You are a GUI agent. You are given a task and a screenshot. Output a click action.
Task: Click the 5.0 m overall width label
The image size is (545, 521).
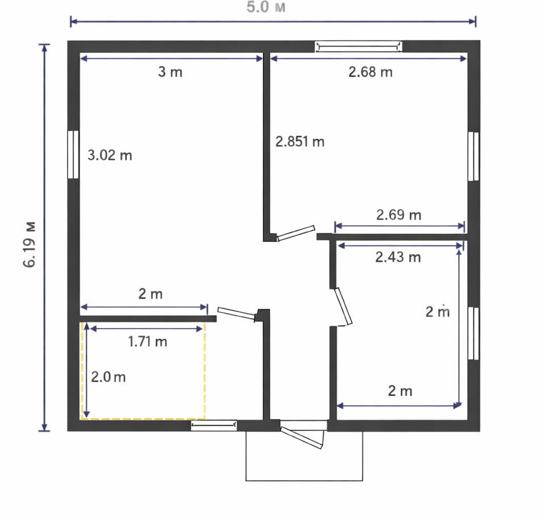click(266, 7)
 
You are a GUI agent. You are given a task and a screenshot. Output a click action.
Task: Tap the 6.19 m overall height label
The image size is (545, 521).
click(30, 243)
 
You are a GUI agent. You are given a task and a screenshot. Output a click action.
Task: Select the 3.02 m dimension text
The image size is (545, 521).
click(110, 155)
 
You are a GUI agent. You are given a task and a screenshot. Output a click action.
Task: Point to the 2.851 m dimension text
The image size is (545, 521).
click(300, 141)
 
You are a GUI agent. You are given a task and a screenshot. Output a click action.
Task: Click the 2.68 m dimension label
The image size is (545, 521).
click(371, 72)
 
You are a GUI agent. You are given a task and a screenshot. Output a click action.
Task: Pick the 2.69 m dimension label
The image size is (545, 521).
click(399, 215)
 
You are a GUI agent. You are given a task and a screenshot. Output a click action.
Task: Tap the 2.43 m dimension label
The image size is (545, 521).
click(398, 257)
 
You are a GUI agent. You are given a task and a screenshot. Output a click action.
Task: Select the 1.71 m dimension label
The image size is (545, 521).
click(148, 342)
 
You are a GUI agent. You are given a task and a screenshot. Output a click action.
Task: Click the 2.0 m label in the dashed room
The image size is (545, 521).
click(108, 377)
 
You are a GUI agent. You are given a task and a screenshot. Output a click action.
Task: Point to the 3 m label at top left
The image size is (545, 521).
click(170, 72)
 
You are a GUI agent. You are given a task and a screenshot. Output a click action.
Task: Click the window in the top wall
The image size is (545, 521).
click(359, 46)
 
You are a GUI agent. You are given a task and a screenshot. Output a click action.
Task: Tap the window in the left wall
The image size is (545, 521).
click(73, 155)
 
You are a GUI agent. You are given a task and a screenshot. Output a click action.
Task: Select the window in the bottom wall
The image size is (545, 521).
click(214, 425)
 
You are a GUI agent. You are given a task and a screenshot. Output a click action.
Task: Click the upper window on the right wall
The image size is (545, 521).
click(473, 156)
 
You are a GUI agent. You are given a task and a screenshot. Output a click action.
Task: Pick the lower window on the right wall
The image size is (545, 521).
click(473, 333)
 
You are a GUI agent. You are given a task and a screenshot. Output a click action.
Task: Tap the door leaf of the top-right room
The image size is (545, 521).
click(296, 233)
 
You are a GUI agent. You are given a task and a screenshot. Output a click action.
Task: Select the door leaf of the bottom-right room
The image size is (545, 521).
click(343, 306)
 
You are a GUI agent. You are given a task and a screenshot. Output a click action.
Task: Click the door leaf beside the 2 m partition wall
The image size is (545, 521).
click(237, 313)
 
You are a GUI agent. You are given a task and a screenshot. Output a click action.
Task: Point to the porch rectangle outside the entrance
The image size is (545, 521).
click(304, 481)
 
